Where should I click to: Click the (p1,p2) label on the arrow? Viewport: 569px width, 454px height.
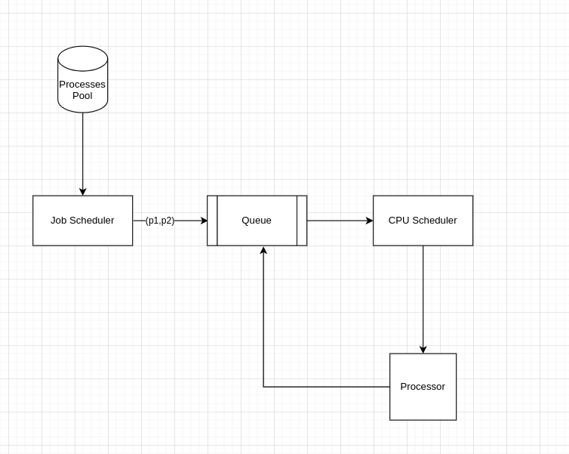point(160,221)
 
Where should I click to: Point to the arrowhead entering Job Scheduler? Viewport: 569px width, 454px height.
point(82,192)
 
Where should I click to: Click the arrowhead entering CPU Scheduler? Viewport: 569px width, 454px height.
point(369,221)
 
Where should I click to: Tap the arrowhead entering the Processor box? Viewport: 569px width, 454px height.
point(423,350)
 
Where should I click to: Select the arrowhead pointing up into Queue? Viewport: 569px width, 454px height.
point(263,251)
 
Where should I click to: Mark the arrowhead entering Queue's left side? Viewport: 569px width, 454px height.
point(204,221)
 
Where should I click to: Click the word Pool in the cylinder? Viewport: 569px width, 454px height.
point(82,96)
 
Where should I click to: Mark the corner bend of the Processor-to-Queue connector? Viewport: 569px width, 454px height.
point(263,387)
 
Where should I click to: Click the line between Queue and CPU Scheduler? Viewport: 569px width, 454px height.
point(336,221)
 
